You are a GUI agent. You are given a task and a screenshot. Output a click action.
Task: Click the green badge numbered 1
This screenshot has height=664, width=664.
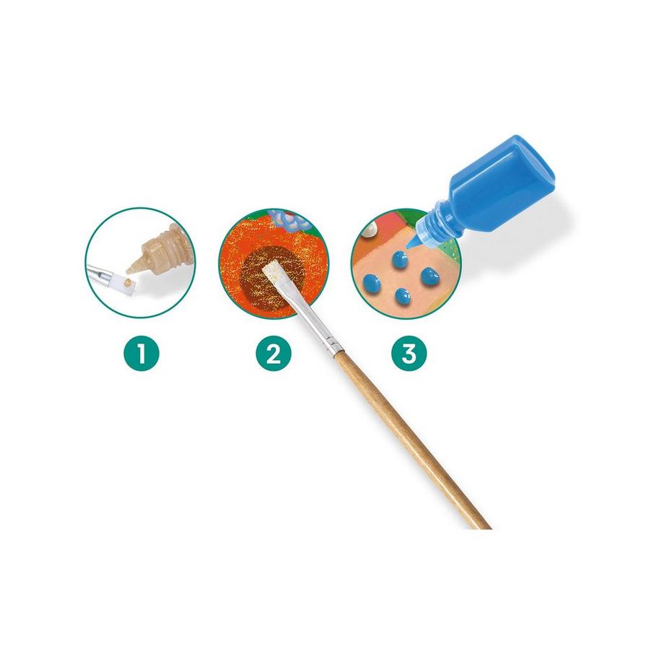coord(141,353)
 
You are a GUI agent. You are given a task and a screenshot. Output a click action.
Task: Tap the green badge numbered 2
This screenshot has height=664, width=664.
coord(274,353)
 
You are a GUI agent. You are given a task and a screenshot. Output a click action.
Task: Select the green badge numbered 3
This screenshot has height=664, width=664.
coord(409,353)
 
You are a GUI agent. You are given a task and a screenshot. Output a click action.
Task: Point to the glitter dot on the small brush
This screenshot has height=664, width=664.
coord(126,281)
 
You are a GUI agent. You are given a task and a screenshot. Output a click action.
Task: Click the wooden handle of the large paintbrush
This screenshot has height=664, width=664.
coord(411,436)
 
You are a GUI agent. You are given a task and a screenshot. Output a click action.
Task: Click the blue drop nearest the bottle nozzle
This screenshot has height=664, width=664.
coord(399,259)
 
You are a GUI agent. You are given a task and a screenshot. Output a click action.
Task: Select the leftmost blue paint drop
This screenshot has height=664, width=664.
coord(372,281)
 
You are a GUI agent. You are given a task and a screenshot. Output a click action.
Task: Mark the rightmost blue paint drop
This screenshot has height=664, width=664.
coord(431,276)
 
